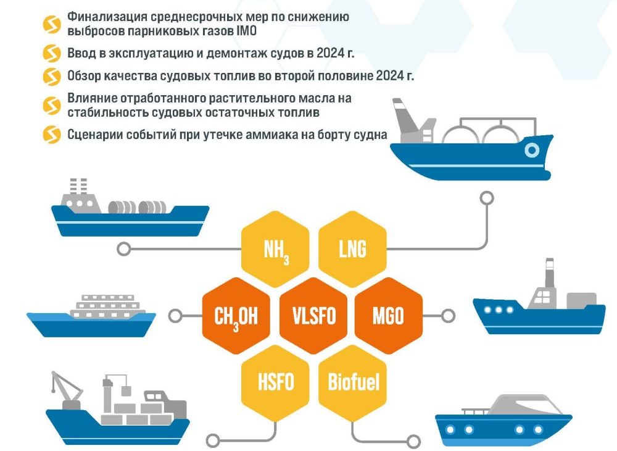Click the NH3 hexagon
pyautogui.click(x=275, y=249)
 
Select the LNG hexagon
pyautogui.click(x=352, y=249)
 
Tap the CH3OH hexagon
pyautogui.click(x=236, y=316)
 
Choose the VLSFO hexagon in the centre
pyautogui.click(x=314, y=316)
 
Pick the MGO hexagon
pyautogui.click(x=388, y=316)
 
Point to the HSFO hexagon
pyautogui.click(x=275, y=382)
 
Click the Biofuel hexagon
pyautogui.click(x=352, y=382)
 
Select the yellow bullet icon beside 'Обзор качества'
pyautogui.click(x=52, y=76)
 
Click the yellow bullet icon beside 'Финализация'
pyautogui.click(x=52, y=25)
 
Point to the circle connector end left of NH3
pyautogui.click(x=124, y=249)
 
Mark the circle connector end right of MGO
pyautogui.click(x=448, y=316)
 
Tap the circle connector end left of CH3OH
pyautogui.click(x=175, y=316)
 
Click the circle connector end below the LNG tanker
pyautogui.click(x=487, y=198)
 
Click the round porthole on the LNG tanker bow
pyautogui.click(x=532, y=150)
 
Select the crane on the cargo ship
pyautogui.click(x=65, y=390)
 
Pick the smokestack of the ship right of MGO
pyautogui.click(x=549, y=273)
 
